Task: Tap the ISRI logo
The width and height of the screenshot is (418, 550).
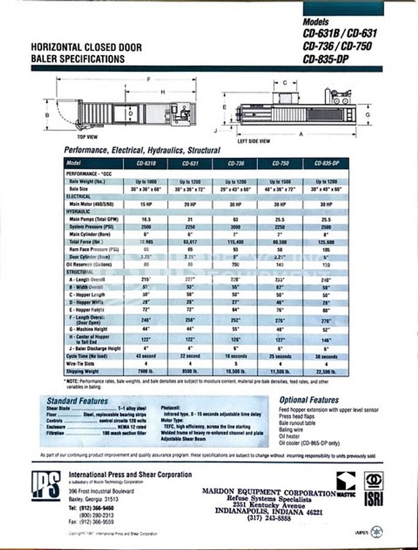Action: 373,489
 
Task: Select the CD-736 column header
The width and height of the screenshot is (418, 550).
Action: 236,164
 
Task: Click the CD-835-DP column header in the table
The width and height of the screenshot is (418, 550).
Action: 326,164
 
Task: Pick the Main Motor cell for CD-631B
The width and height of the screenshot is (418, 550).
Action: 145,204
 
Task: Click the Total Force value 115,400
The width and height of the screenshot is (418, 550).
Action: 236,242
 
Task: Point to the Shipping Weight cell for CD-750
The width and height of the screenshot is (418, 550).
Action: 280,370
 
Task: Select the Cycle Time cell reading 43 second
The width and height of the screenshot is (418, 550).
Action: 145,356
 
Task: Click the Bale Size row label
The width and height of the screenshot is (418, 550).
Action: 82,189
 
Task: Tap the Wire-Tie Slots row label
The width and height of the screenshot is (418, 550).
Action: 84,363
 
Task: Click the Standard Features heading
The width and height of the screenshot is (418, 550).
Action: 77,401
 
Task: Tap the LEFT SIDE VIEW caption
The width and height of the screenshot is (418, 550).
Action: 254,141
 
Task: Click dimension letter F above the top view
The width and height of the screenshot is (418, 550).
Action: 148,80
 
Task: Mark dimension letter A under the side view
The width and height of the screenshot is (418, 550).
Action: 301,134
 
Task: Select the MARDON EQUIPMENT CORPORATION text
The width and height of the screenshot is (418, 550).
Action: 268,493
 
